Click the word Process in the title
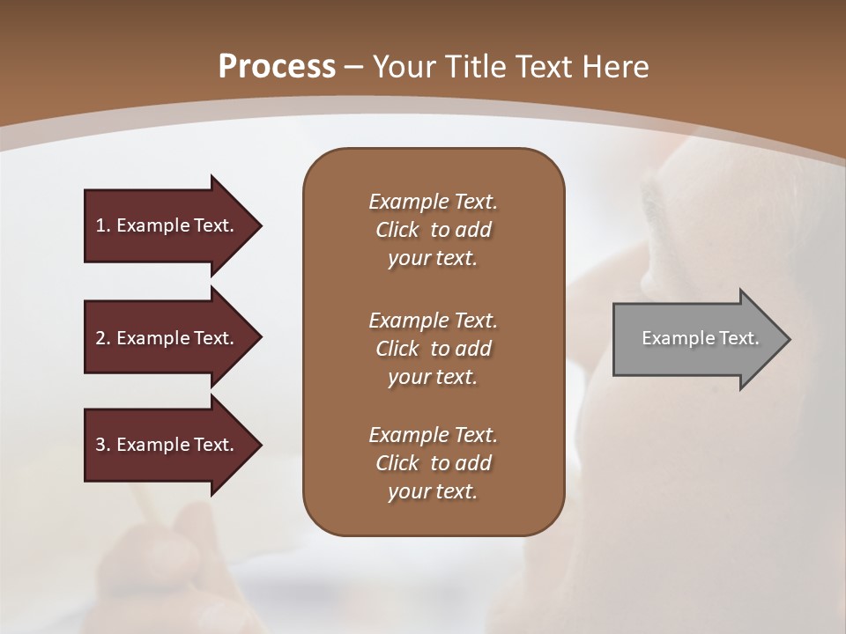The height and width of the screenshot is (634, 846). (277, 67)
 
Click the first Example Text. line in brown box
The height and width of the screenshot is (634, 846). (433, 202)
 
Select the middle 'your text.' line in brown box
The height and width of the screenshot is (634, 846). (433, 377)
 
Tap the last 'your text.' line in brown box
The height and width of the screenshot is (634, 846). (433, 492)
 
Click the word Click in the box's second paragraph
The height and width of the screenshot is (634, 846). (397, 349)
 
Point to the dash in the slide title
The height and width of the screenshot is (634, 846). (353, 67)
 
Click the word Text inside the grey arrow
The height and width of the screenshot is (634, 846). (738, 338)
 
